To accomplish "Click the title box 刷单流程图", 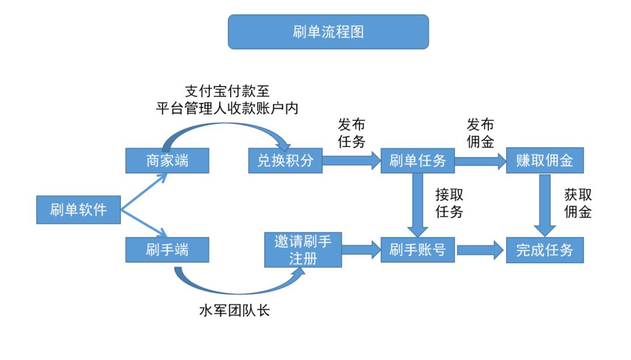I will (328, 32).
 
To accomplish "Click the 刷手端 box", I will (167, 250).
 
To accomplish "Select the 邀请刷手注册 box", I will (303, 250).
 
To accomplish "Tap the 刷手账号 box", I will (417, 250).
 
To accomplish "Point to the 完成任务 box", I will (545, 250).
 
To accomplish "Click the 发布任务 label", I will (352, 133).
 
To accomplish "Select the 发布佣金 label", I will (480, 133).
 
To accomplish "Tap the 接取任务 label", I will (449, 203).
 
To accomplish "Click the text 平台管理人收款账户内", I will (227, 109).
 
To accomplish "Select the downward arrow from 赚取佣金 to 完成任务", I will (545, 205).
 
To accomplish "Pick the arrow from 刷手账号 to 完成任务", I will (480, 250).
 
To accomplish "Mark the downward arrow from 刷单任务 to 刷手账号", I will (417, 205).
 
